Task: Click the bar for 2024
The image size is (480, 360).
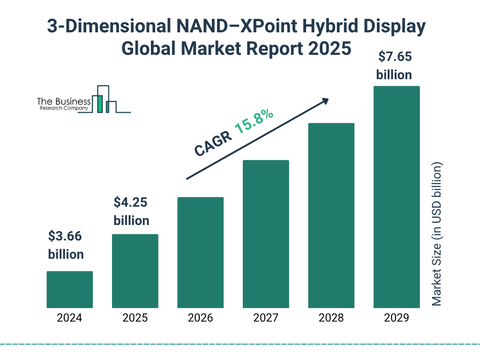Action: (x=69, y=289)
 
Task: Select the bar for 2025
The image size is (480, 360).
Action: (x=135, y=271)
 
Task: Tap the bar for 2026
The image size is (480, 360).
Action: (x=200, y=252)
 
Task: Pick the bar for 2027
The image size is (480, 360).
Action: (x=266, y=234)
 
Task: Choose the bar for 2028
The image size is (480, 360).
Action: (x=331, y=216)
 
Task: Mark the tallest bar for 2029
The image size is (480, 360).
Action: (x=396, y=197)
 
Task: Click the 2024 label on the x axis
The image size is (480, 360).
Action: (x=69, y=318)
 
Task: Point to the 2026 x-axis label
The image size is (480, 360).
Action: (x=200, y=318)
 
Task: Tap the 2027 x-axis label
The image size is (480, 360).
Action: (x=266, y=318)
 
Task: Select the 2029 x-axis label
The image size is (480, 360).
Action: (x=396, y=318)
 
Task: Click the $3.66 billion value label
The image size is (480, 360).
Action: (x=66, y=245)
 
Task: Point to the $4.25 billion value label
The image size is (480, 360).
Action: (x=132, y=211)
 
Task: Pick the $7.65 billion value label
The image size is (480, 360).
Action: (x=394, y=66)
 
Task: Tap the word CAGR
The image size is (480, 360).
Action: (x=213, y=143)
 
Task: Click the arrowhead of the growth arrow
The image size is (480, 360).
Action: (x=325, y=101)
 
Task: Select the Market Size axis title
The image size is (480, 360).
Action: (x=437, y=234)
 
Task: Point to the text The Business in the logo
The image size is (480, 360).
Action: (x=64, y=101)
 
